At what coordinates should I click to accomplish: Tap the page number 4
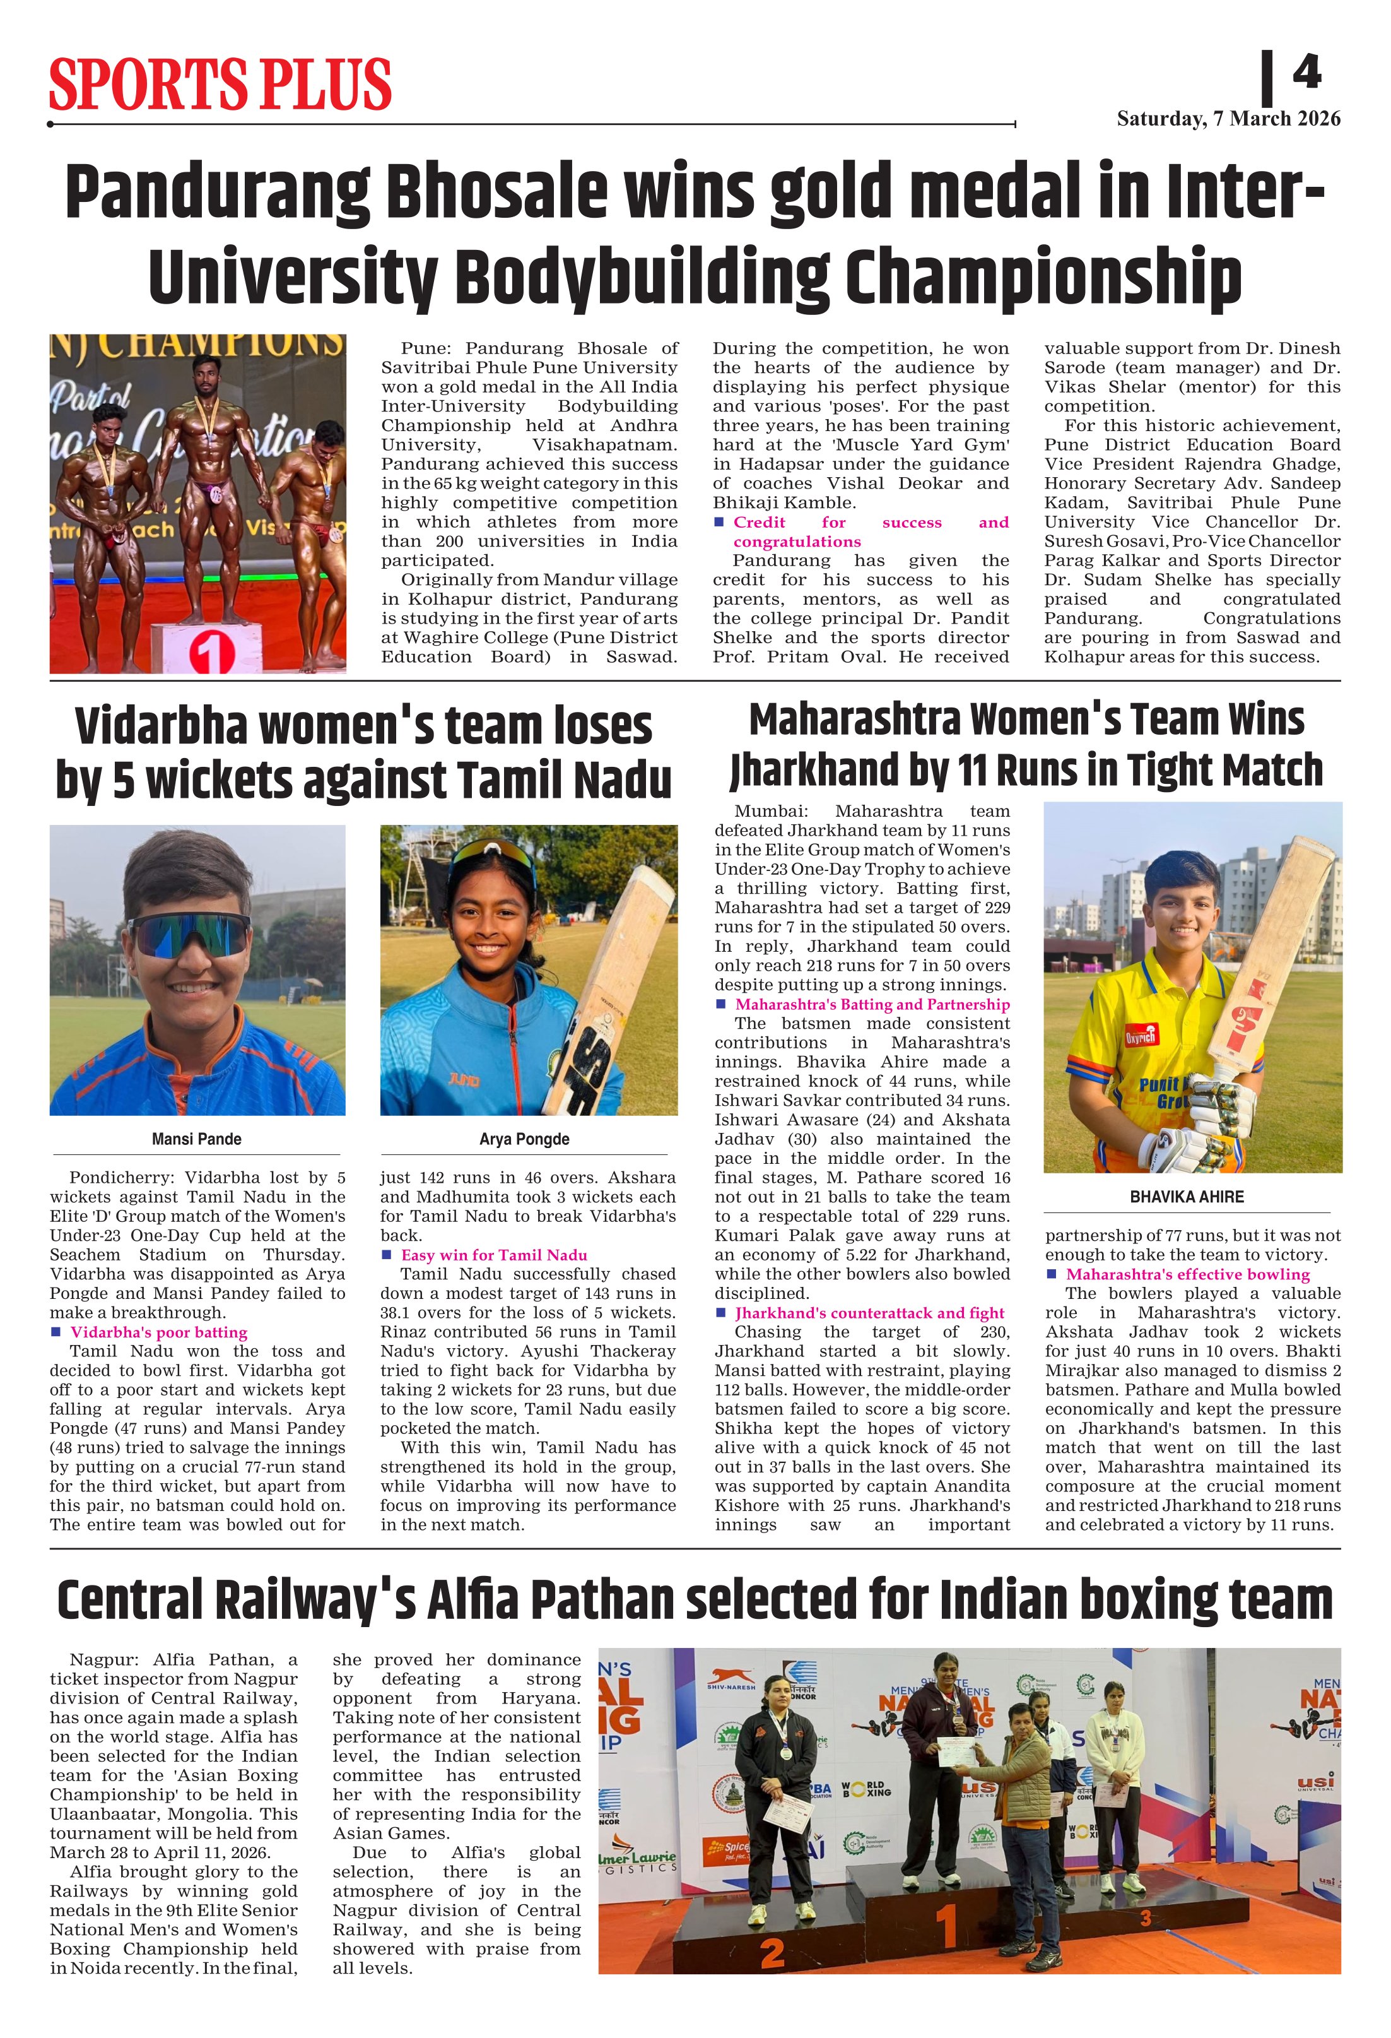1306,72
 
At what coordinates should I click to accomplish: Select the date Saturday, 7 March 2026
1228,119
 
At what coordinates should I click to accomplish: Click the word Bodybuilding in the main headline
643,275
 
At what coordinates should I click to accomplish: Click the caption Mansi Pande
196,1139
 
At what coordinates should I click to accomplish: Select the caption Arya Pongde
524,1139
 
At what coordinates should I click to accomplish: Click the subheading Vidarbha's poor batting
158,1332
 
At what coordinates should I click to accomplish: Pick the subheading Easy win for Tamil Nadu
495,1255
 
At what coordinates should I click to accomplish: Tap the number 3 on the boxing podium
1145,1919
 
